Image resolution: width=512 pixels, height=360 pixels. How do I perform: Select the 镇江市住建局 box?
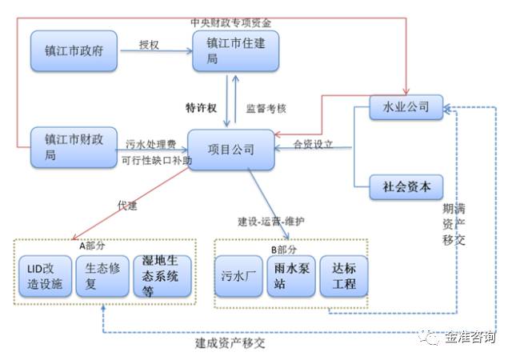tap(236, 52)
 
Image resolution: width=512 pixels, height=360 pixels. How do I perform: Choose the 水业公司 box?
tap(406, 106)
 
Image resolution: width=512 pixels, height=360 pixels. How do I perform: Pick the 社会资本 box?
tap(406, 188)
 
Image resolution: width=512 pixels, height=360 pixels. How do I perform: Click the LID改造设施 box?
tap(45, 275)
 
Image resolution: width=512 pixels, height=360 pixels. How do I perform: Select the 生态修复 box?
tap(102, 275)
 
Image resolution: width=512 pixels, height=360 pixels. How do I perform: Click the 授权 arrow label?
tap(150, 45)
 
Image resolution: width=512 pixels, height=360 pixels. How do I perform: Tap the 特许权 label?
tap(200, 106)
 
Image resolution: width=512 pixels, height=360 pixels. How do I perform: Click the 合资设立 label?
tap(313, 145)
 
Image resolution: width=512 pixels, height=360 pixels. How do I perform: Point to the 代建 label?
tap(127, 206)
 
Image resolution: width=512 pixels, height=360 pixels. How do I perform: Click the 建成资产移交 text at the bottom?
tap(229, 344)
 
